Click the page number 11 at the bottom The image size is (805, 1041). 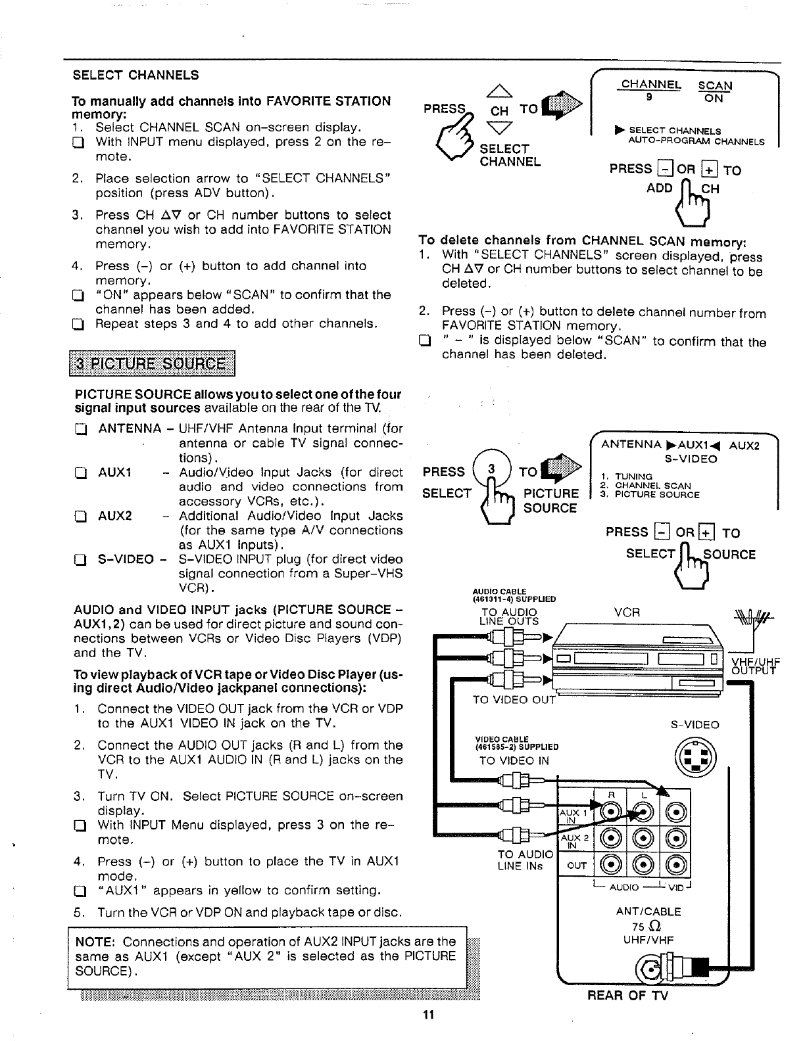428,1015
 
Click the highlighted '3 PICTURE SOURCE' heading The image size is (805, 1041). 152,364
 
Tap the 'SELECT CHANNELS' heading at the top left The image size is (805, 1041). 135,75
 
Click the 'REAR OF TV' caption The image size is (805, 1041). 627,996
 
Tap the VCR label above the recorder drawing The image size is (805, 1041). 627,612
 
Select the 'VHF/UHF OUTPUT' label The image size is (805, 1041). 755,666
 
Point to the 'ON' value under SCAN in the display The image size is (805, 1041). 713,99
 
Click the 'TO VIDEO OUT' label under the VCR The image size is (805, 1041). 514,699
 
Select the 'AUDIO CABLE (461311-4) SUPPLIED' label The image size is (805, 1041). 514,595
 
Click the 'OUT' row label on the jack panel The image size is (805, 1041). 576,866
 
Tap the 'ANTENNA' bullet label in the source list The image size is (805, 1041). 129,429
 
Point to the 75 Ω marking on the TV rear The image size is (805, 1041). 647,926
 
